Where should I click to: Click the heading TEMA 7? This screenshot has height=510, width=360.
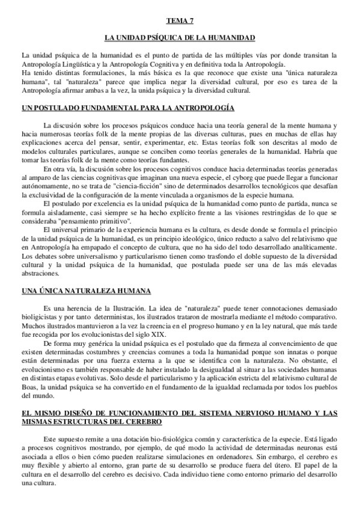180,19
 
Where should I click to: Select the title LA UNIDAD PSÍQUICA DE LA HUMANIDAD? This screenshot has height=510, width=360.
180,38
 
